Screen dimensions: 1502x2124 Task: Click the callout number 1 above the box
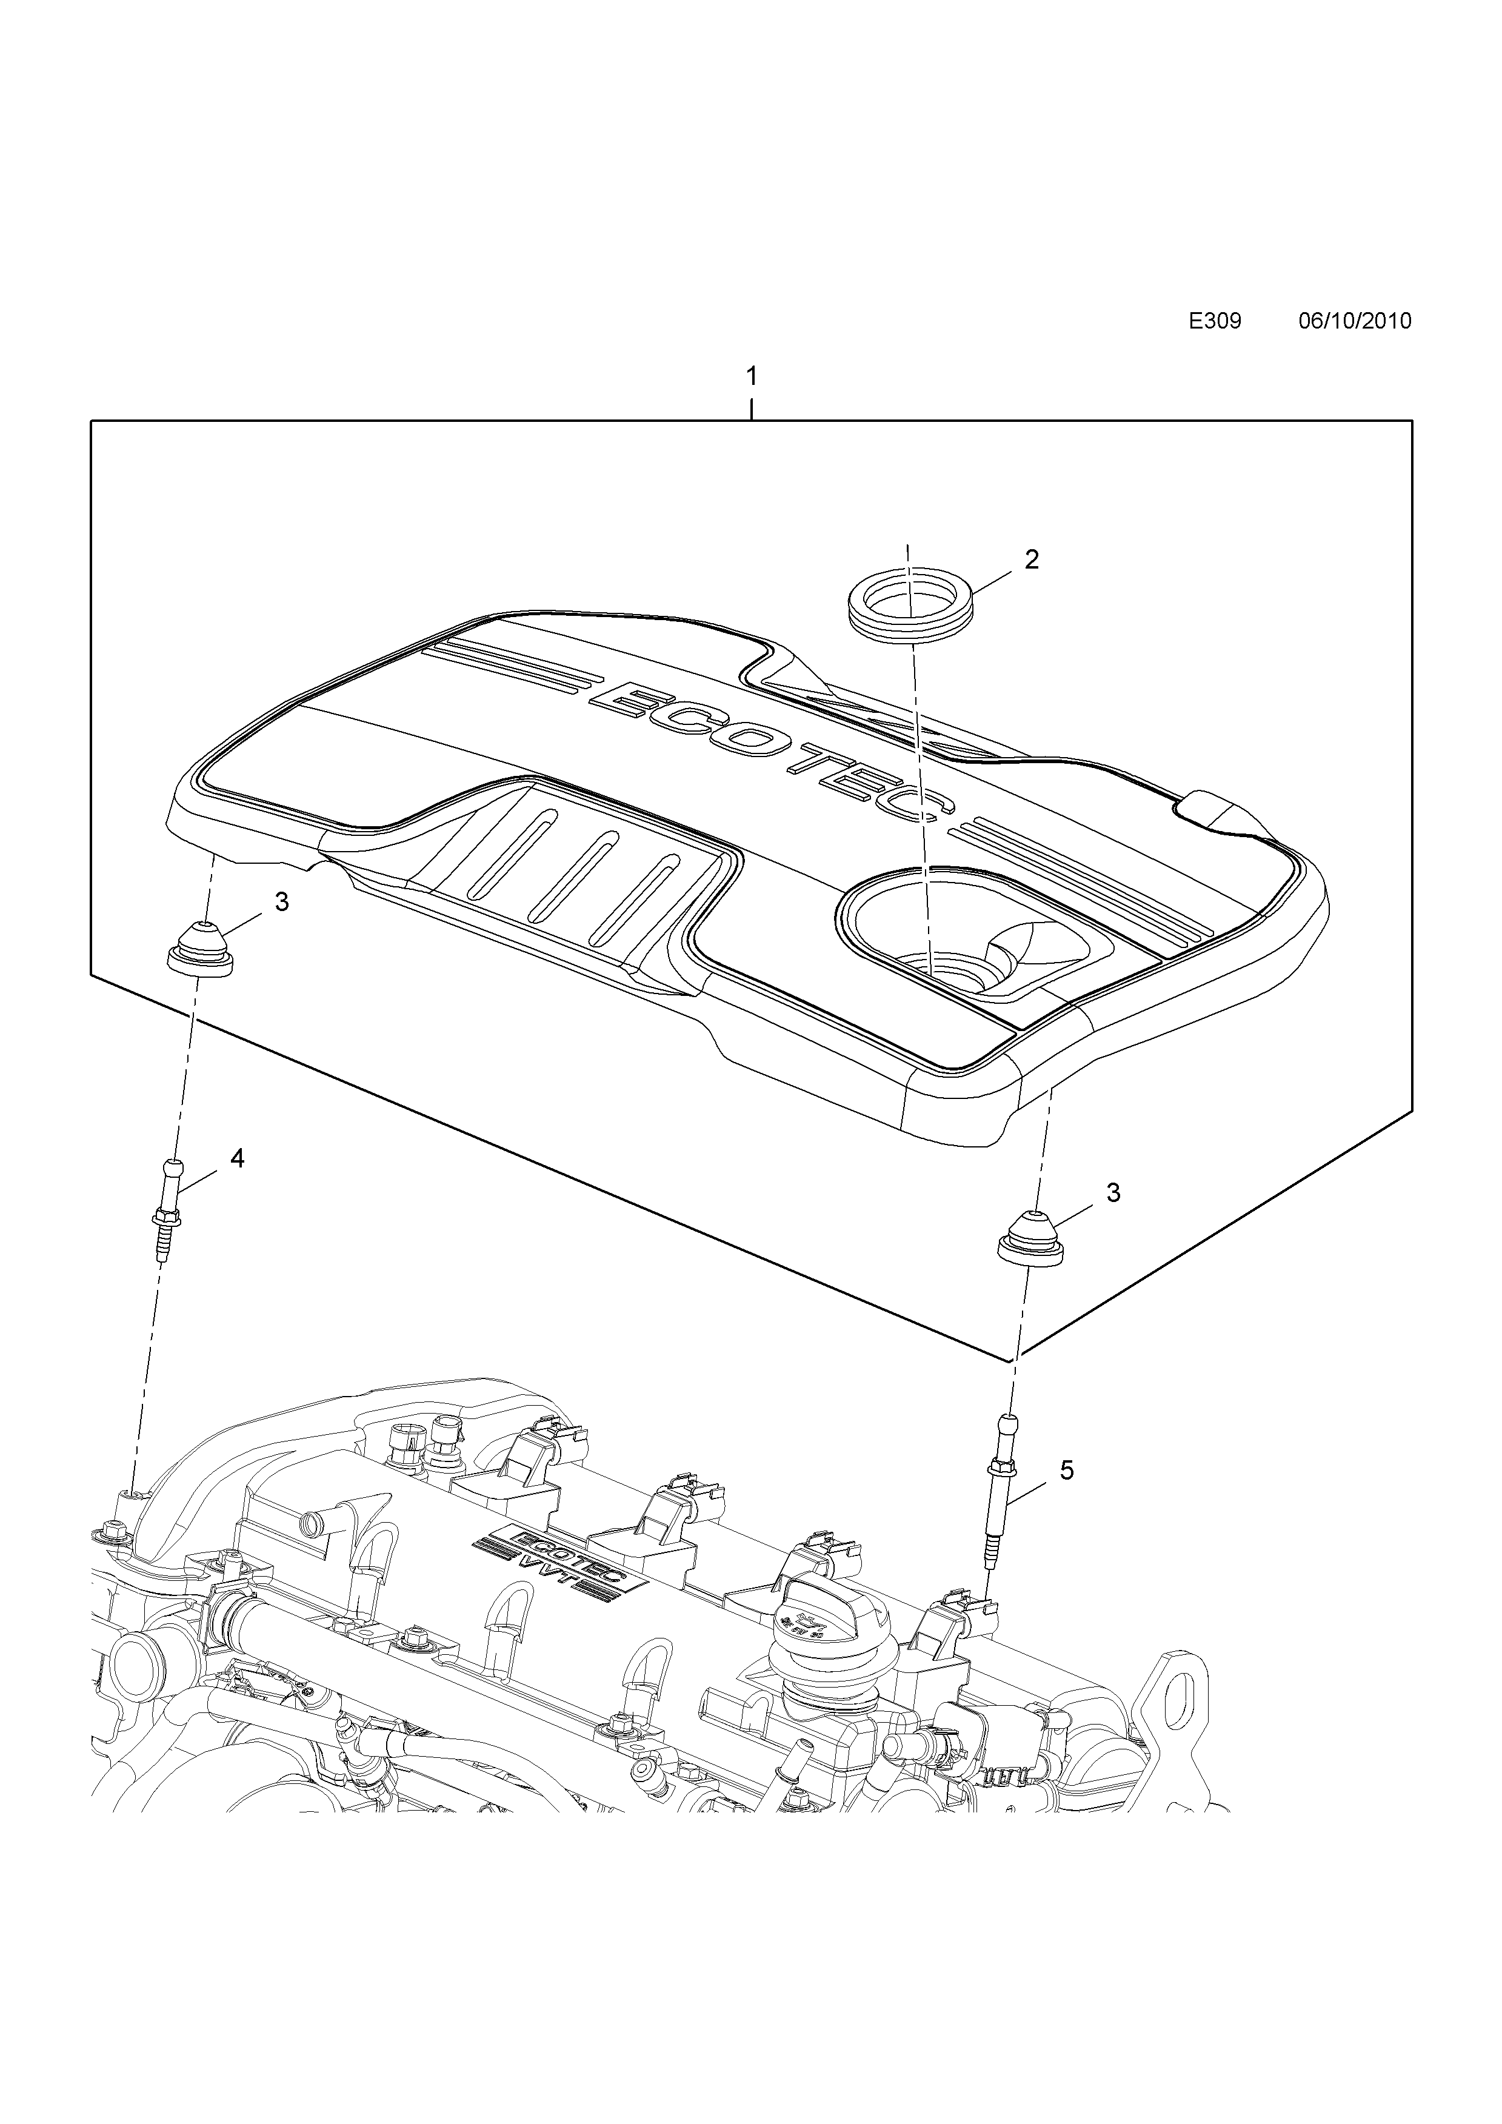click(x=752, y=376)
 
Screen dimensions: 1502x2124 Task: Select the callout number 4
click(x=238, y=1158)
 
